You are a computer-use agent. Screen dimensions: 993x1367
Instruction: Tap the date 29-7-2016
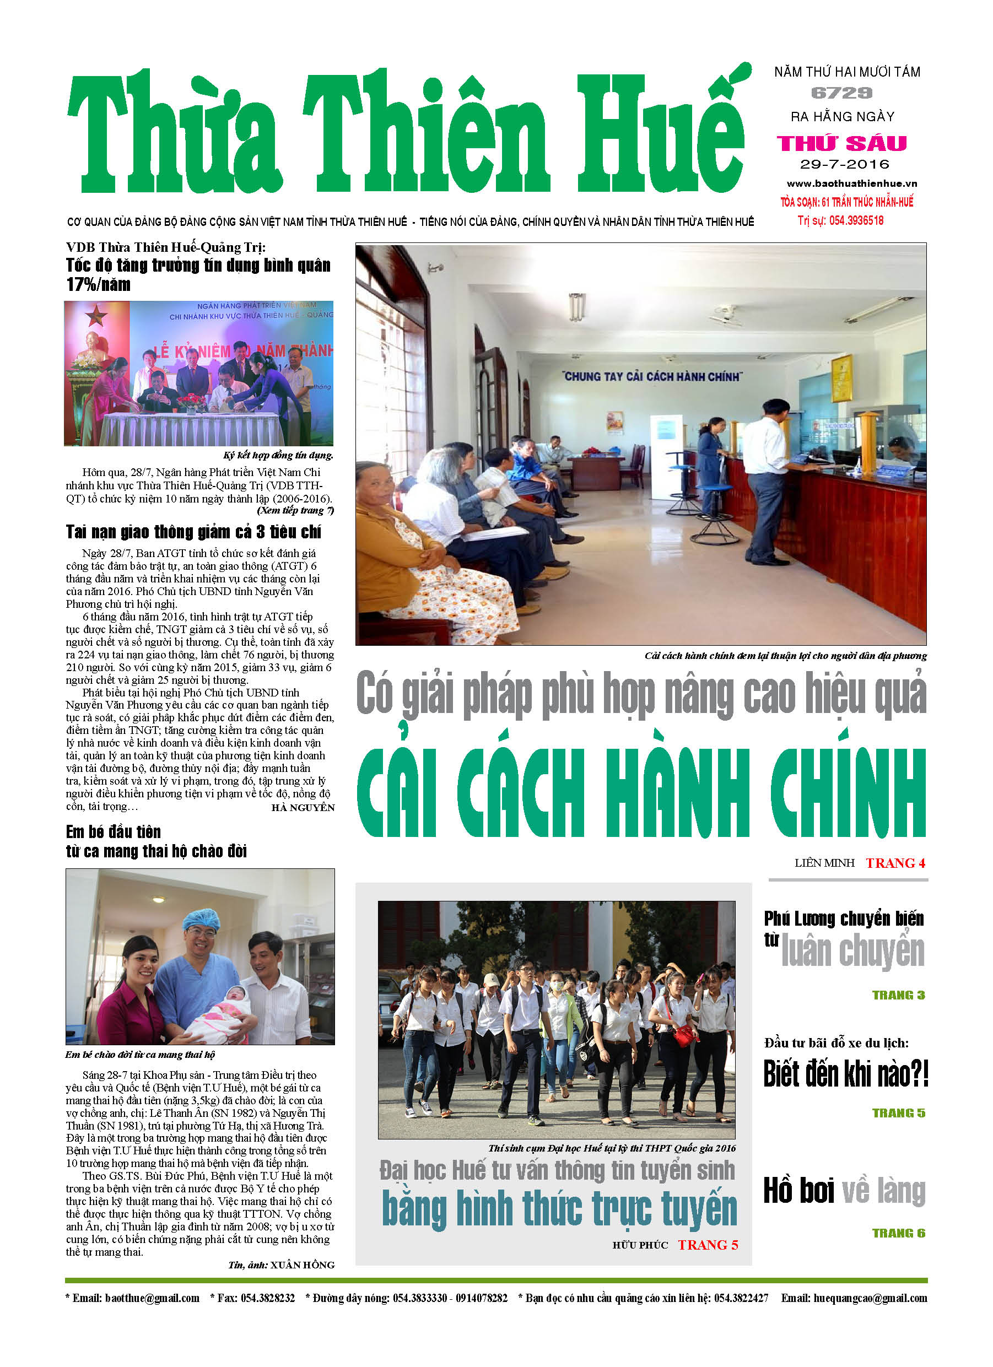click(845, 165)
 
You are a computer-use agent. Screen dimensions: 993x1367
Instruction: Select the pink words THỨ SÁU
click(841, 143)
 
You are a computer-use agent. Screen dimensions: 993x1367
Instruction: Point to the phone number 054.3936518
click(856, 220)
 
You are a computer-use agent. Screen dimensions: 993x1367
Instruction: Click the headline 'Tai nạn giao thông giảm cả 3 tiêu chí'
click(193, 532)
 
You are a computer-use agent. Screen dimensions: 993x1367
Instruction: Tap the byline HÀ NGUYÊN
click(303, 808)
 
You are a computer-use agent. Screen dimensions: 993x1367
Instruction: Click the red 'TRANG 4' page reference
click(895, 863)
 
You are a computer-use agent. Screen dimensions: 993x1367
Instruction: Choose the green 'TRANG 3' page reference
click(898, 995)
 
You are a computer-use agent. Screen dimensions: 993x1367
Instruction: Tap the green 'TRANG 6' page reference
click(898, 1233)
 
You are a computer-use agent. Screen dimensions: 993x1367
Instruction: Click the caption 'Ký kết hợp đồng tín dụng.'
click(278, 455)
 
